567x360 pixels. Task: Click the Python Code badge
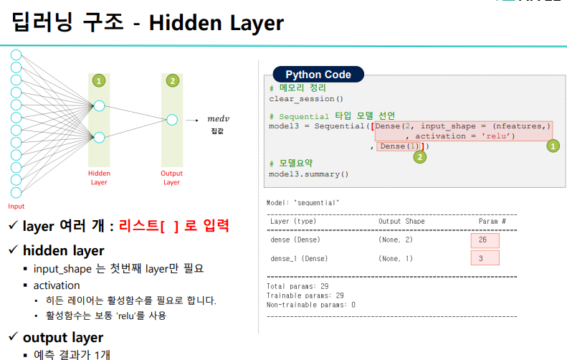pyautogui.click(x=318, y=75)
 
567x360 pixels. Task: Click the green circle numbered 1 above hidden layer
pyautogui.click(x=99, y=80)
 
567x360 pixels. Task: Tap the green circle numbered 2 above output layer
pyautogui.click(x=171, y=80)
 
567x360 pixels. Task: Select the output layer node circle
pyautogui.click(x=171, y=120)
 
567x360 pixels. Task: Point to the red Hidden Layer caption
pyautogui.click(x=99, y=177)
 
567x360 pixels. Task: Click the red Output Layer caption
pyautogui.click(x=171, y=177)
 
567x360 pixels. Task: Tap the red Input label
pyautogui.click(x=16, y=186)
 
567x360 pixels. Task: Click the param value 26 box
pyautogui.click(x=485, y=240)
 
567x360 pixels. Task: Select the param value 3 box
pyautogui.click(x=485, y=258)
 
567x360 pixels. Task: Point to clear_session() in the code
pyautogui.click(x=306, y=98)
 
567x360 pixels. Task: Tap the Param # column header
pyautogui.click(x=492, y=222)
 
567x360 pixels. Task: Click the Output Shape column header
pyautogui.click(x=401, y=222)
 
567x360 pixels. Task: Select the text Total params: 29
pyautogui.click(x=297, y=286)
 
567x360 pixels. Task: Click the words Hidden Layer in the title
pyautogui.click(x=216, y=23)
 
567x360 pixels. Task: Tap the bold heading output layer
pyautogui.click(x=63, y=337)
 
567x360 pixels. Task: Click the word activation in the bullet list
pyautogui.click(x=57, y=285)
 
